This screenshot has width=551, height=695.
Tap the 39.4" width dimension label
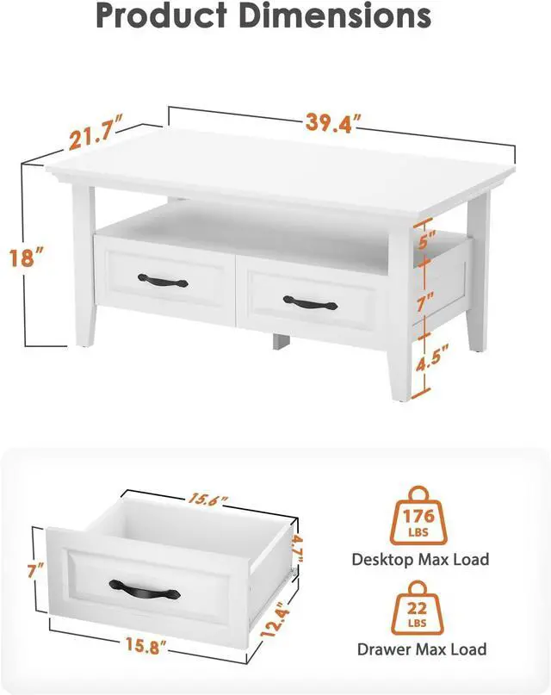pyautogui.click(x=331, y=124)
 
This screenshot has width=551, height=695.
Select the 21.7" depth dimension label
pyautogui.click(x=97, y=134)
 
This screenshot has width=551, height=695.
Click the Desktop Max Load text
pyautogui.click(x=420, y=560)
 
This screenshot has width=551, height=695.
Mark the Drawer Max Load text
pyautogui.click(x=421, y=649)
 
